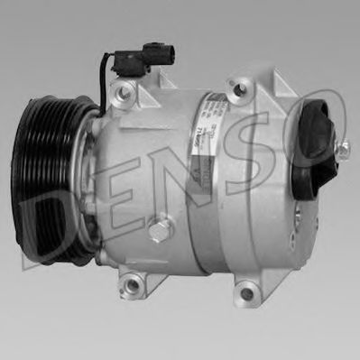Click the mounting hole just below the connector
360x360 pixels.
124,90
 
